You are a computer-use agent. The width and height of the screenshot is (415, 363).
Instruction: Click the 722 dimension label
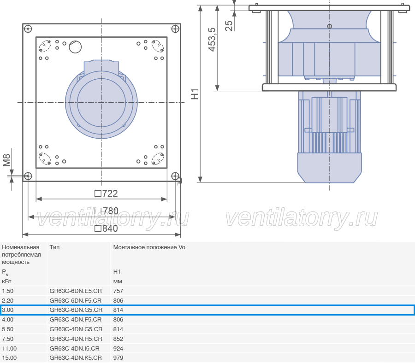click(x=106, y=193)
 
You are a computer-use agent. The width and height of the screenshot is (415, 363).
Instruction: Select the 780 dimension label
click(x=107, y=211)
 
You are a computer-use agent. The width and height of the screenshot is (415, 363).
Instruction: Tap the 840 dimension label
click(x=106, y=228)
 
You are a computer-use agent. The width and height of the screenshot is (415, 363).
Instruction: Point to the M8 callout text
click(x=6, y=160)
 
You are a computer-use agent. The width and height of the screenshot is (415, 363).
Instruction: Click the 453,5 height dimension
click(x=212, y=40)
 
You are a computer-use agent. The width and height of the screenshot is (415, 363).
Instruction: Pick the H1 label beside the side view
click(x=195, y=94)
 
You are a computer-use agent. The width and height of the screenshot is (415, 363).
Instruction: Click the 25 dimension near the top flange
click(x=229, y=26)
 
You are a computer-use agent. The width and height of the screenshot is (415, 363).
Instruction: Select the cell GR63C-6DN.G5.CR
click(x=76, y=310)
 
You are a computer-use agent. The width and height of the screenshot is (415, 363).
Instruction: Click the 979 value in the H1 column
click(x=118, y=358)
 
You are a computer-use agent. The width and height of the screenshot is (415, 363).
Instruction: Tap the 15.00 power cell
click(x=9, y=358)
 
